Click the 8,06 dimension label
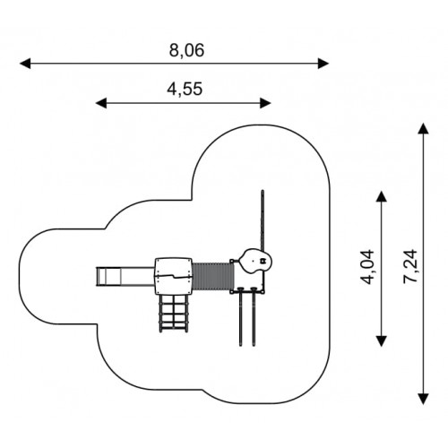pos(186,50)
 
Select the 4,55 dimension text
pos(185,89)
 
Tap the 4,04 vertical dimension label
pos(367,267)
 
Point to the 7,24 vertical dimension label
pos(409,266)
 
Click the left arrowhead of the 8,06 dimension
pos(25,64)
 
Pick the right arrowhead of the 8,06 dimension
pos(323,64)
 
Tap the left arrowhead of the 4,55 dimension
pos(101,103)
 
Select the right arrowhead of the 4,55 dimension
pos(265,103)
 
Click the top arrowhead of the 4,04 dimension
pos(382,196)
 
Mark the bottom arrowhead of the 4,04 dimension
pos(382,341)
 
